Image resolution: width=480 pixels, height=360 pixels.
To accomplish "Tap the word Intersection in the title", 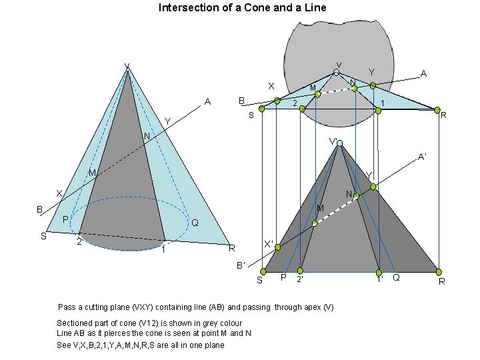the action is (x=186, y=8).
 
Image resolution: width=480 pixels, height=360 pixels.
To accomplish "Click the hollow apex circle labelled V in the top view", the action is (x=337, y=73).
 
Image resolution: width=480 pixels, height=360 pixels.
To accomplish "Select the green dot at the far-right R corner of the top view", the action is (x=437, y=110).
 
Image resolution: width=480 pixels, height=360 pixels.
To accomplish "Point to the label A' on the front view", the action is (x=422, y=157).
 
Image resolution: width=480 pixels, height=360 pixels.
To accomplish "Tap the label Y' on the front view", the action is (x=370, y=176).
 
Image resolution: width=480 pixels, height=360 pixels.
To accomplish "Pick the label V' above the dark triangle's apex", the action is (x=334, y=141).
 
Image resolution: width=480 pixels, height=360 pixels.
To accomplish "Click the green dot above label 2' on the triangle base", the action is (x=300, y=271).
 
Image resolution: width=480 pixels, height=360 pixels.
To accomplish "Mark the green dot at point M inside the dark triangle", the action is (x=315, y=223).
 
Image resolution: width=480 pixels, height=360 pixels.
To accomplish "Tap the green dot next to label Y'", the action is (x=373, y=187).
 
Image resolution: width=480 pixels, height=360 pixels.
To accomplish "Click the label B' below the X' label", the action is (x=241, y=265).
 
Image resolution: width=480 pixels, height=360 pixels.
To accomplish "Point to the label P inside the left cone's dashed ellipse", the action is (x=65, y=220).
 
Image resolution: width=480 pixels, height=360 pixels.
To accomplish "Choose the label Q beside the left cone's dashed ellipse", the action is (x=194, y=223).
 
